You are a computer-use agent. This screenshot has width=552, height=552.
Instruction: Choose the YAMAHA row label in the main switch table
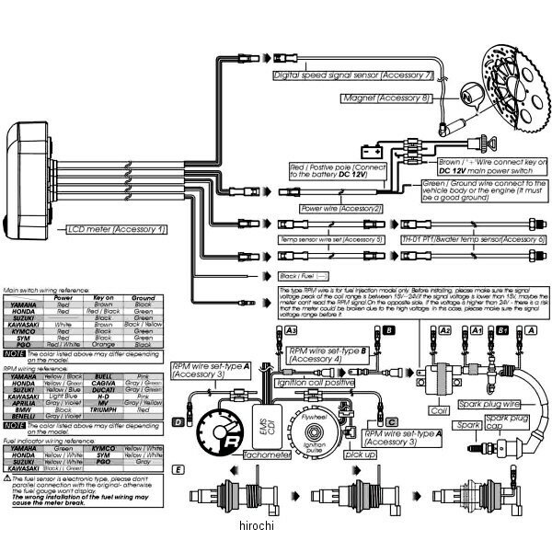pyautogui.click(x=24, y=305)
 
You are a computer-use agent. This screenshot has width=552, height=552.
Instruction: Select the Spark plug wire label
pyautogui.click(x=500, y=403)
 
